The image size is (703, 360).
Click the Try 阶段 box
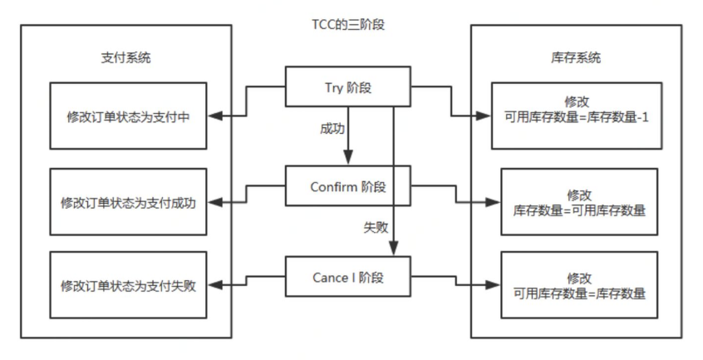[350, 87]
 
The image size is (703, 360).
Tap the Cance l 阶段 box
[350, 278]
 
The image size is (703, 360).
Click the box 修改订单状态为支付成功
[128, 203]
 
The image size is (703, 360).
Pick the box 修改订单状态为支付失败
[128, 285]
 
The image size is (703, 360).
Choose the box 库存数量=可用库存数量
[579, 203]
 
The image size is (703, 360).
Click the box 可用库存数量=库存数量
[579, 285]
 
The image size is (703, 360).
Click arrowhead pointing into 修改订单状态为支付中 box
[213, 115]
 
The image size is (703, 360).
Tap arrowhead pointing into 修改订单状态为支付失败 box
[213, 285]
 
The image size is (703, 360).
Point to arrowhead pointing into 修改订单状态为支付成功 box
[213, 203]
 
